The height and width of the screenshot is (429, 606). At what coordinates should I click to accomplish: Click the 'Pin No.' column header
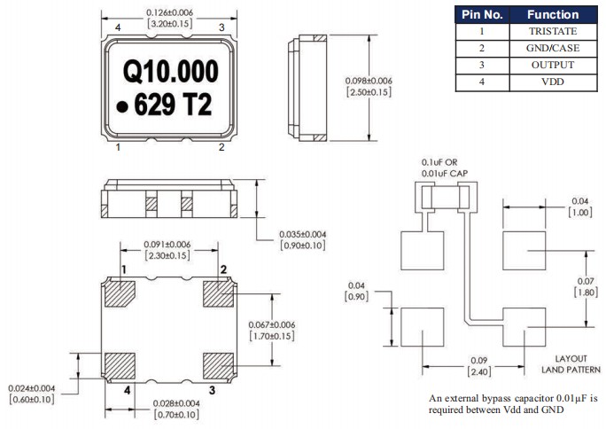point(484,14)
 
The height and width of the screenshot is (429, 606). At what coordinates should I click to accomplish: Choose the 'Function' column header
point(553,14)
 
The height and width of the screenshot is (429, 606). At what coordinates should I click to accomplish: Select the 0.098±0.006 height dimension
point(368,82)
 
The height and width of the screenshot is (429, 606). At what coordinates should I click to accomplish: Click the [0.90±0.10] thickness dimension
point(303,246)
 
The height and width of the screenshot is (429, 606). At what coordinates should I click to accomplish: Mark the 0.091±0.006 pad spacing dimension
point(167,245)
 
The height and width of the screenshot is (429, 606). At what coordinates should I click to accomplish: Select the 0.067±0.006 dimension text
point(270,325)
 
